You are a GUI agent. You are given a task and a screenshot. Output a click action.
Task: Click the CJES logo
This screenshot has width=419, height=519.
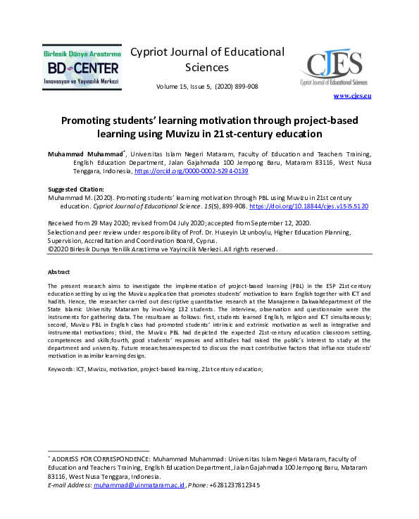tap(334, 68)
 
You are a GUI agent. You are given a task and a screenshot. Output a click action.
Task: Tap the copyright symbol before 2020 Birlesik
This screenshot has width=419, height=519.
tap(50, 249)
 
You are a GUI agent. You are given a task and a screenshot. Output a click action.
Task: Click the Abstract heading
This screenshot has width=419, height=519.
tap(58, 271)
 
